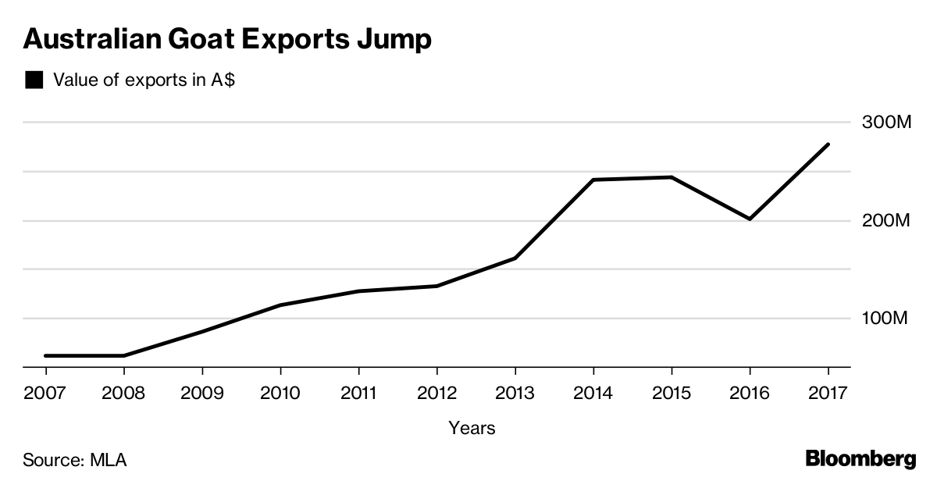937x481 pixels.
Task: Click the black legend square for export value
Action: pyautogui.click(x=34, y=80)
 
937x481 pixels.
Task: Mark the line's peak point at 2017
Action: pyautogui.click(x=828, y=144)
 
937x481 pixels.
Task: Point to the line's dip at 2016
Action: pyautogui.click(x=750, y=219)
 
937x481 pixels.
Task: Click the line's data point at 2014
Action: pyautogui.click(x=593, y=180)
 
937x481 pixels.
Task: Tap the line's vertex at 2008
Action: pyautogui.click(x=124, y=355)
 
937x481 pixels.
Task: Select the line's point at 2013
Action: pyautogui.click(x=515, y=258)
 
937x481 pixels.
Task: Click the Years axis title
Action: pyautogui.click(x=472, y=428)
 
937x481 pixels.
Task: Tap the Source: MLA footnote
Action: pyautogui.click(x=75, y=459)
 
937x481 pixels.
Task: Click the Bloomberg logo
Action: pyautogui.click(x=860, y=458)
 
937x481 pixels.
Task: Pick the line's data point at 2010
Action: pyautogui.click(x=280, y=305)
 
